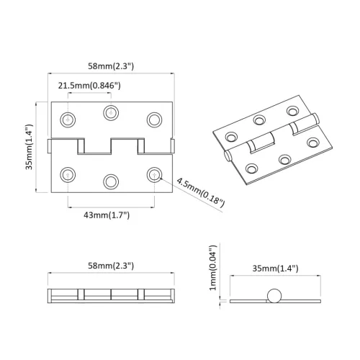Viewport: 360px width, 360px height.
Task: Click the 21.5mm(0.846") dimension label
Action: tap(89, 86)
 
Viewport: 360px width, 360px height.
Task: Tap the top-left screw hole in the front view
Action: tap(68, 118)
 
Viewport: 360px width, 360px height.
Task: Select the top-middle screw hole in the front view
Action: tap(111, 111)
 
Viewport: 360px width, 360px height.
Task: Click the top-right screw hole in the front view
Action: tap(153, 118)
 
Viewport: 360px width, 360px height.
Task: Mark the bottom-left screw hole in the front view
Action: tap(68, 174)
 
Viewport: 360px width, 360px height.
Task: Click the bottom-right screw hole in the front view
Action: tap(153, 174)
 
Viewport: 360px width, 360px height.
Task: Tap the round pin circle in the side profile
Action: tap(274, 295)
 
